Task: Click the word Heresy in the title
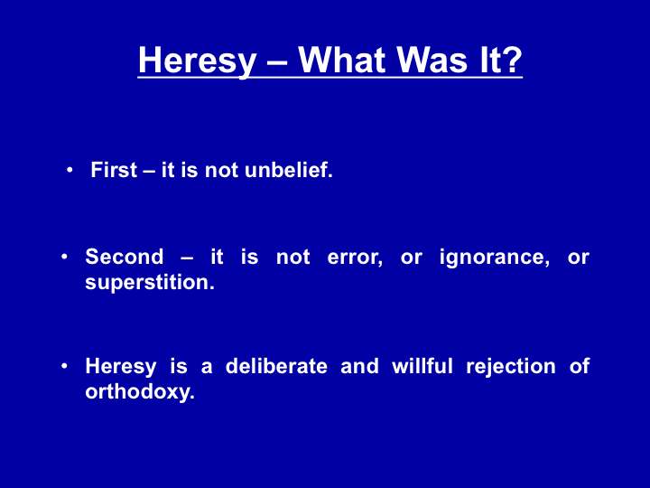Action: click(x=198, y=61)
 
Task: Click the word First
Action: click(x=114, y=170)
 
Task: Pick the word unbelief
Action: click(x=289, y=170)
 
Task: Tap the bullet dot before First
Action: click(x=70, y=170)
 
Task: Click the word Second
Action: click(x=125, y=257)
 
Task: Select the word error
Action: click(x=355, y=258)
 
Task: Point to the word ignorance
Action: click(x=495, y=258)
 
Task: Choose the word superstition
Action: click(x=150, y=283)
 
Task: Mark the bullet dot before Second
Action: click(x=64, y=257)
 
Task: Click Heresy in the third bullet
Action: click(x=121, y=367)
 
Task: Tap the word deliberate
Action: click(x=276, y=366)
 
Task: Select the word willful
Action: click(x=422, y=366)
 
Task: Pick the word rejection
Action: click(x=511, y=367)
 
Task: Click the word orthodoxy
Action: click(x=140, y=392)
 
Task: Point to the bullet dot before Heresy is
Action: click(x=64, y=366)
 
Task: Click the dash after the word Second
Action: click(x=187, y=258)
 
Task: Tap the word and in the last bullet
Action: click(x=359, y=366)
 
